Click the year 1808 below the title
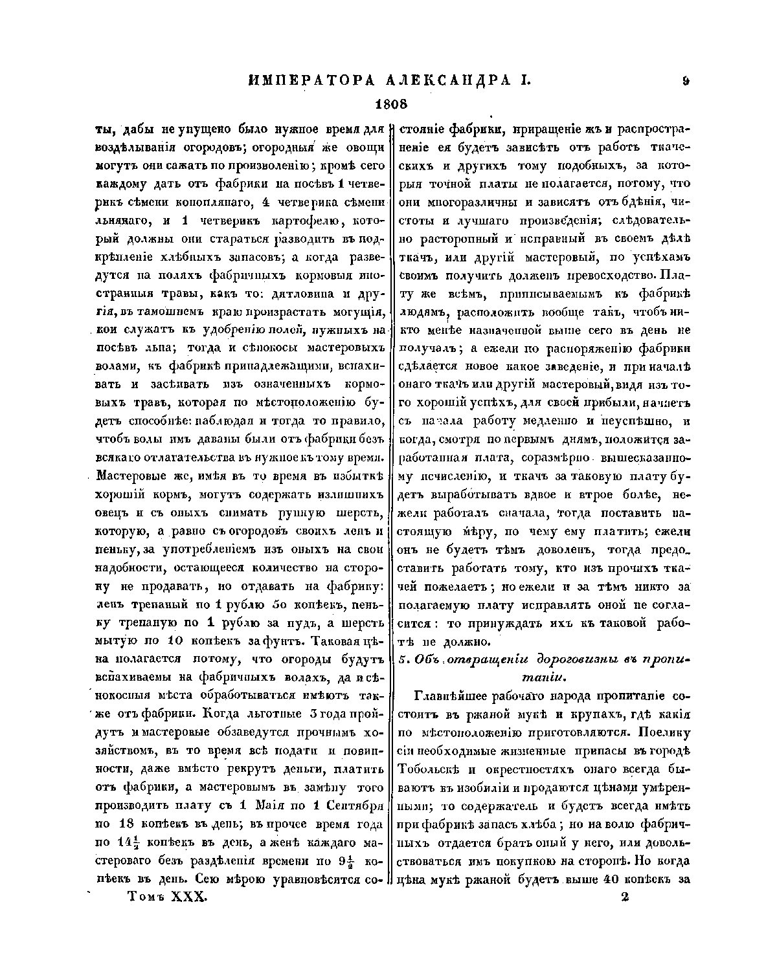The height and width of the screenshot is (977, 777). [390, 104]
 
